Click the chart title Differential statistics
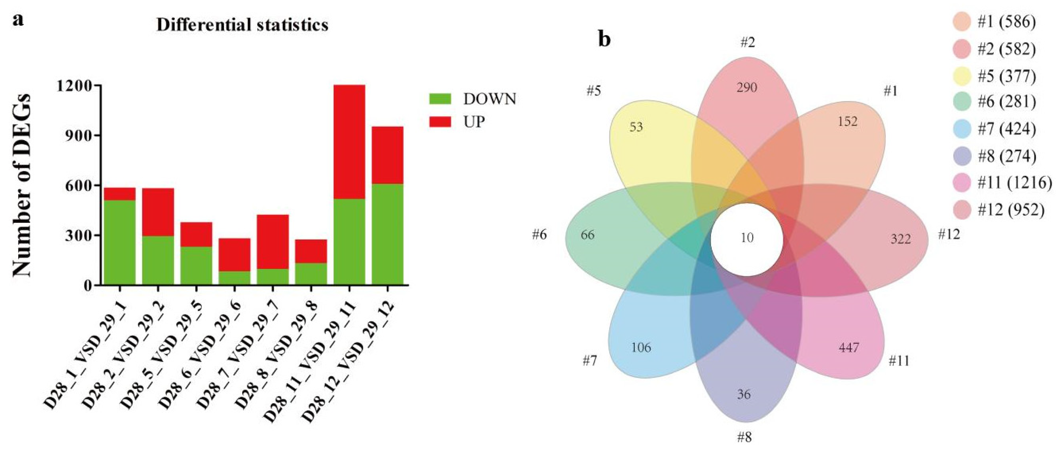tap(242, 25)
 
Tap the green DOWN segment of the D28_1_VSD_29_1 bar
tap(120, 242)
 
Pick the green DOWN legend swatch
tap(440, 99)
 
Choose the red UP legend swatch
tap(440, 122)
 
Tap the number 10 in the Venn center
tap(747, 238)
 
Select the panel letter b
tap(605, 39)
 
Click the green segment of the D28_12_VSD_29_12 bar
tap(387, 234)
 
